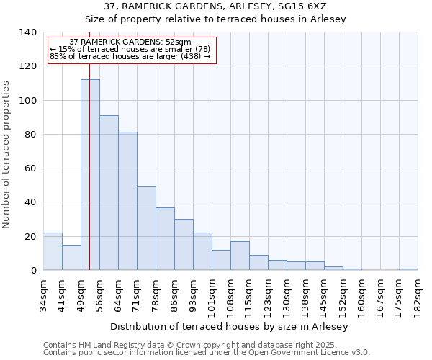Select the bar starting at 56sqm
coord(109,193)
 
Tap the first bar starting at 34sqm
coord(53,251)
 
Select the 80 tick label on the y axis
coord(30,135)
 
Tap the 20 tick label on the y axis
coord(30,237)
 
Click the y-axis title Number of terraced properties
coord(7,155)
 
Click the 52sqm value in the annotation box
coord(178,42)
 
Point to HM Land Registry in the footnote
coord(102,345)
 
